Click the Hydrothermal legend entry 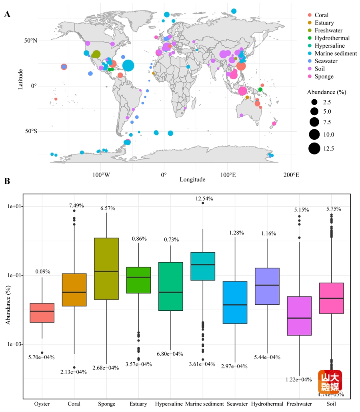tap(332, 38)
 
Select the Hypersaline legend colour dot tap(309, 46)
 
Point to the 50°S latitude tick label tap(30, 131)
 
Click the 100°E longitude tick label tap(227, 175)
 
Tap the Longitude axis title tap(192, 179)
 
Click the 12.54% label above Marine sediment tap(203, 199)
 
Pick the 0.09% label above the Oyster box tap(42, 271)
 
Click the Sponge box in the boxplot tap(106, 269)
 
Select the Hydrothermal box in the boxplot tap(267, 286)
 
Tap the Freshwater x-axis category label tap(299, 404)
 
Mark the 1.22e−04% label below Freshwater tap(298, 380)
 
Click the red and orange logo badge tap(330, 382)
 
